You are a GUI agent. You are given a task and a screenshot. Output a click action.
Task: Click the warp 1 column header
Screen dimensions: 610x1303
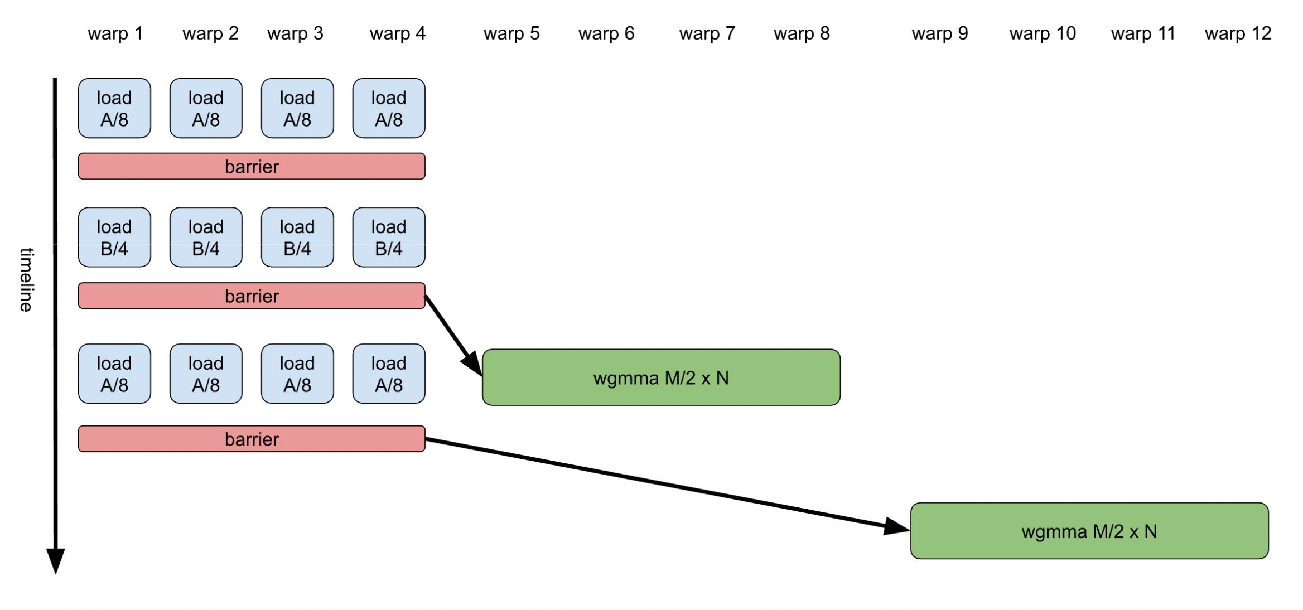(x=115, y=33)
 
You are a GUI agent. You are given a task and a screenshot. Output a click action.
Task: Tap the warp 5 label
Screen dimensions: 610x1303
(x=511, y=33)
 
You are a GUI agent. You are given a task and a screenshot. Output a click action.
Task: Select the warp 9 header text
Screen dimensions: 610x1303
(x=940, y=33)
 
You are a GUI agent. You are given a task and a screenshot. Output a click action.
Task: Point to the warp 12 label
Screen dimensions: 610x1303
(x=1238, y=33)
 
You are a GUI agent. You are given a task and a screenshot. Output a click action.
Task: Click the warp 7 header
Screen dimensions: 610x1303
(x=707, y=33)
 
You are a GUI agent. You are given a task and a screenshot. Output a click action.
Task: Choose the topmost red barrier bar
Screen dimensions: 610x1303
(x=252, y=166)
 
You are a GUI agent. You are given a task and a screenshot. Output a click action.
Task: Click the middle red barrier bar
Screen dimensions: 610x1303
(x=252, y=296)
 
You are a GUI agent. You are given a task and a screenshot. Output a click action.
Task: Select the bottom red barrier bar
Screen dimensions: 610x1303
(x=252, y=439)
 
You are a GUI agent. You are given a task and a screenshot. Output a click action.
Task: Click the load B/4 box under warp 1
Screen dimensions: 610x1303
(x=114, y=238)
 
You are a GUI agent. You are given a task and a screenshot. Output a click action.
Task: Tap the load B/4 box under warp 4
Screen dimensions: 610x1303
(x=389, y=238)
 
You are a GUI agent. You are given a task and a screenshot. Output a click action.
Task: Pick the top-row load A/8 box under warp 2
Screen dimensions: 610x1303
(x=206, y=108)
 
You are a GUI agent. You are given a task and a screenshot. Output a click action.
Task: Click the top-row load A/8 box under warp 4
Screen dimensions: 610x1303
(x=389, y=108)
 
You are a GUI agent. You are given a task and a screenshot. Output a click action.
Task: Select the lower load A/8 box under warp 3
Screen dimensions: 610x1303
(x=297, y=374)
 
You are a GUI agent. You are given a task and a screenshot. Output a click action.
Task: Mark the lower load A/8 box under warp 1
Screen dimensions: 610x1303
(x=114, y=374)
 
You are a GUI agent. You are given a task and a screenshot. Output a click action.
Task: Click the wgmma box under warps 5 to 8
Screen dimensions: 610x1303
(x=661, y=377)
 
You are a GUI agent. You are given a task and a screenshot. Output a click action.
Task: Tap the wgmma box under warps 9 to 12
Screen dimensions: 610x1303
(x=1089, y=531)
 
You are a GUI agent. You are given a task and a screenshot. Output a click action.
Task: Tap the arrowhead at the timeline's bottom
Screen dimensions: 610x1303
(x=55, y=559)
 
